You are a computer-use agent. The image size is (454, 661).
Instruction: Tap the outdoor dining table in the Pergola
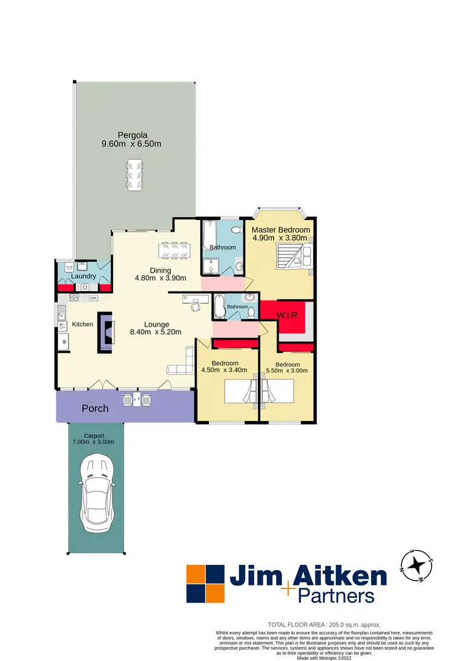[x=134, y=175]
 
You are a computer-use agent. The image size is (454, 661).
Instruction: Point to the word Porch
[x=95, y=408]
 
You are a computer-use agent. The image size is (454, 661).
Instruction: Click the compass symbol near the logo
[x=416, y=565]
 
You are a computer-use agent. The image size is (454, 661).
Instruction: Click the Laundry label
[x=84, y=276]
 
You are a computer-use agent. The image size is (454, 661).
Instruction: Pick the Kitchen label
[x=83, y=324]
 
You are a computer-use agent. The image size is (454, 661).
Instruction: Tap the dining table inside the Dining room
[x=174, y=250]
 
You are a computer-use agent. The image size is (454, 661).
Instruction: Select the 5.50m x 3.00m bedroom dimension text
[x=288, y=371]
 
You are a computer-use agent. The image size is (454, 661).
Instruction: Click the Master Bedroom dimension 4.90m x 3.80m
[x=281, y=238]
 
